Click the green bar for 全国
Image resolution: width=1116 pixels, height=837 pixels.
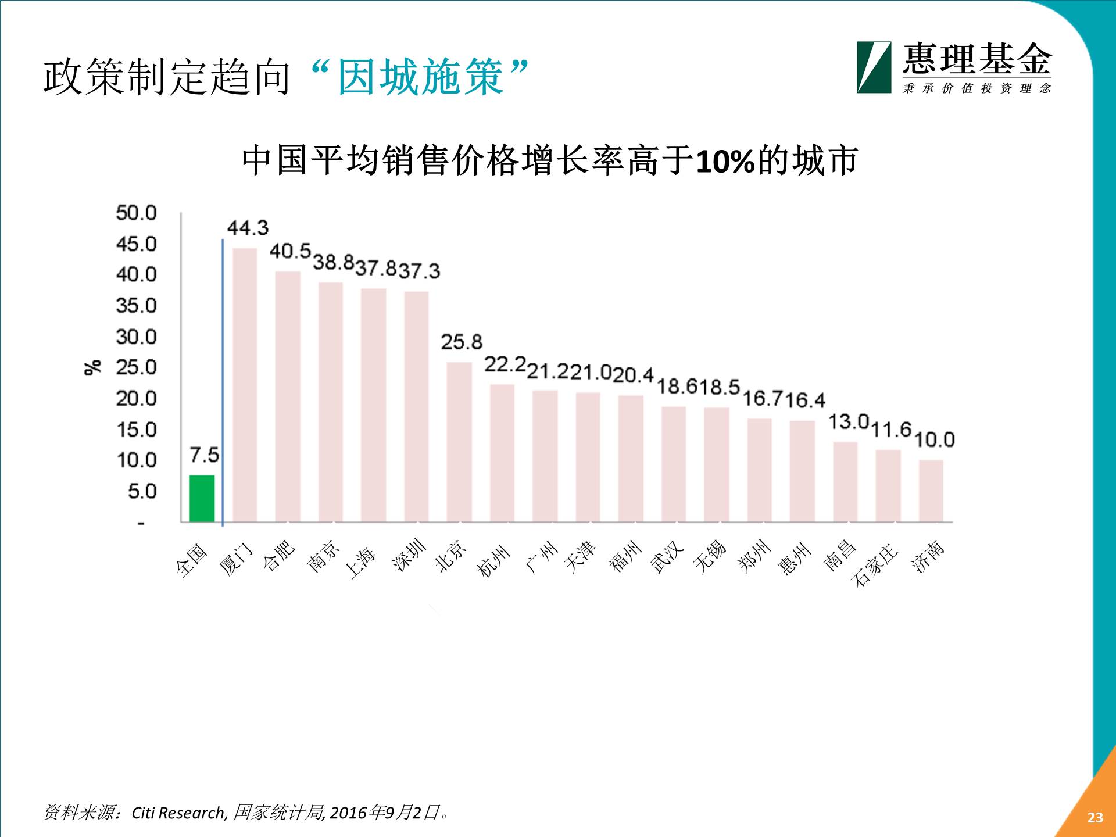point(202,498)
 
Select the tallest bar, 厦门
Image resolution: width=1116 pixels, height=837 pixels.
point(245,385)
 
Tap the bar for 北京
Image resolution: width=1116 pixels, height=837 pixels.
point(459,442)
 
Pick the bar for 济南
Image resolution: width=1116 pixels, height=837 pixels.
point(931,491)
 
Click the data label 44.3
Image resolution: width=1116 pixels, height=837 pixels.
point(248,228)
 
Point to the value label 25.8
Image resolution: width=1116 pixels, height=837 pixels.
point(462,342)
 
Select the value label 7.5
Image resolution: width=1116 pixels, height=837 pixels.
point(205,455)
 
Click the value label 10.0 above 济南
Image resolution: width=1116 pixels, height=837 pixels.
point(935,439)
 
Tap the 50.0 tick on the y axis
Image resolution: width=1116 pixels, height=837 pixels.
point(137,213)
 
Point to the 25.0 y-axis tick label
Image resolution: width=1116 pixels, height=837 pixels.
point(137,367)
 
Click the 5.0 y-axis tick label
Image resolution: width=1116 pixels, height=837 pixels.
point(142,491)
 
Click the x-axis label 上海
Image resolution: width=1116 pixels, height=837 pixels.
point(361,561)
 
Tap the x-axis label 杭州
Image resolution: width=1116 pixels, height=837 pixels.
point(493,561)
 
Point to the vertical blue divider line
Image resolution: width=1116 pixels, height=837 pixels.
point(223,384)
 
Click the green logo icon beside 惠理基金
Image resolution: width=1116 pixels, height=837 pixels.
point(874,67)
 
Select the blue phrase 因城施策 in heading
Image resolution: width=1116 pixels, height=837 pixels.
point(420,77)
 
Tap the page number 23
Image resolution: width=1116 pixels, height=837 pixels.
point(1095,817)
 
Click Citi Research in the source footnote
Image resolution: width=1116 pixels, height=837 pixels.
point(178,813)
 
